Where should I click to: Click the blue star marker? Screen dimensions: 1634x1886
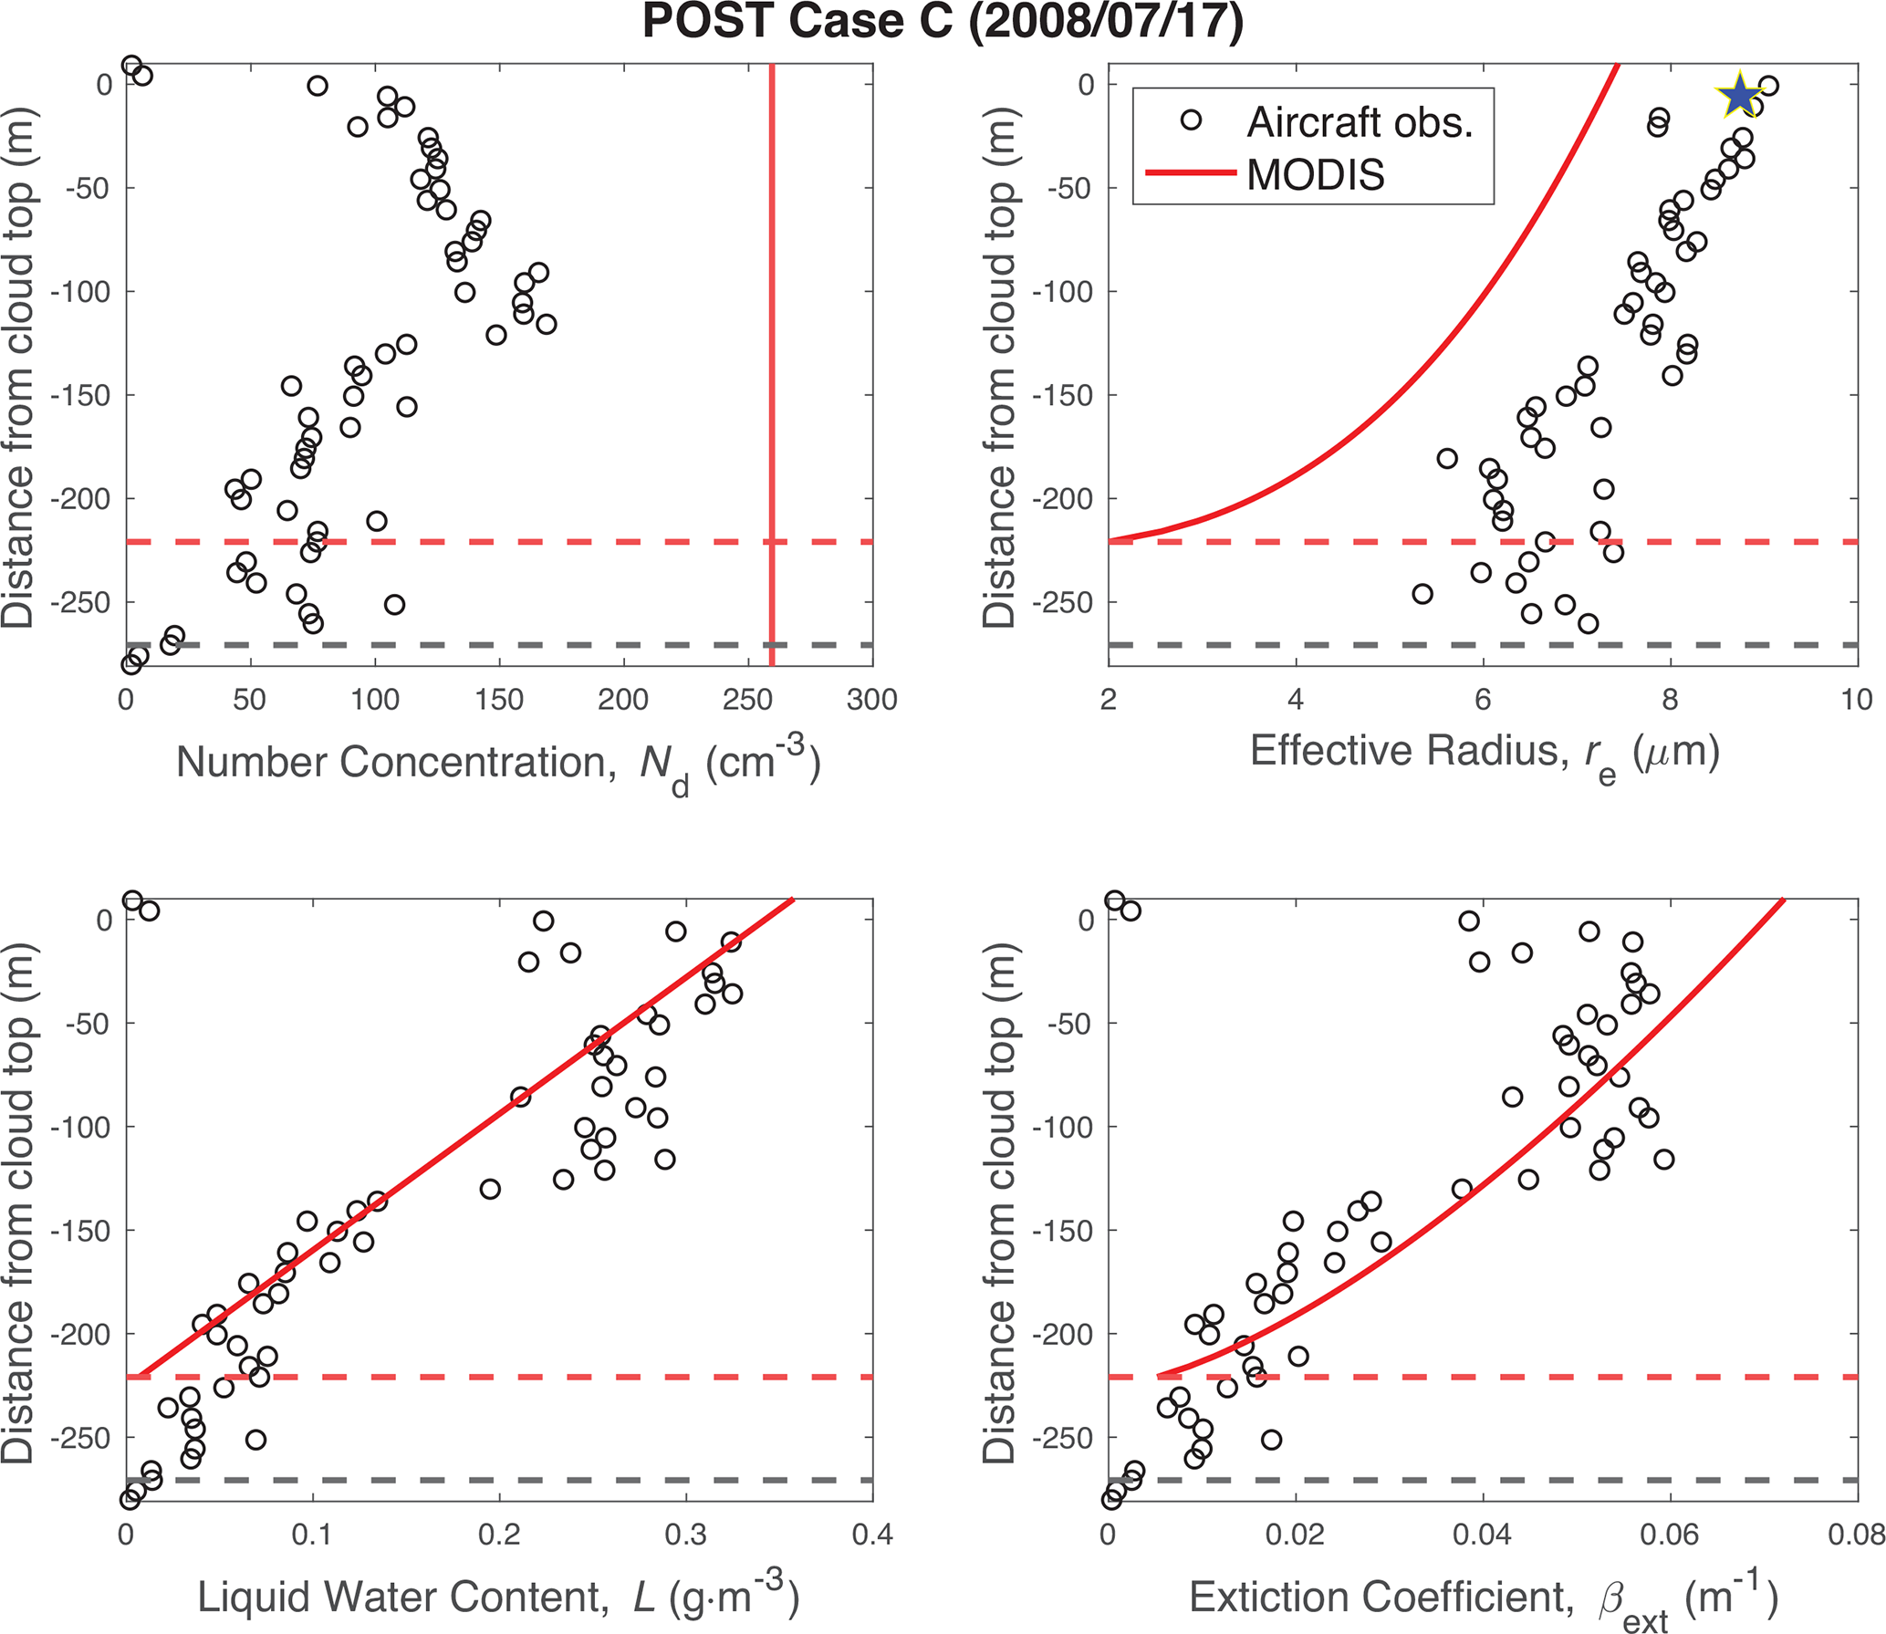(1739, 96)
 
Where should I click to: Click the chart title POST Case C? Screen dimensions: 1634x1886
(943, 22)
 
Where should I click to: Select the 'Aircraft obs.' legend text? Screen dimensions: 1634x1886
(1360, 122)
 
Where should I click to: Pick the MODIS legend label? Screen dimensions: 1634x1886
(1315, 174)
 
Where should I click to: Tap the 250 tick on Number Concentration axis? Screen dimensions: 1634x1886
(747, 701)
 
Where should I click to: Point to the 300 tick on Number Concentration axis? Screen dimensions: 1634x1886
(871, 701)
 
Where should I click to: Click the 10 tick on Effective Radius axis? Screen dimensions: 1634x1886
(1856, 701)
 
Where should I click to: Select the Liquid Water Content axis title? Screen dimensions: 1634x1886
(498, 1598)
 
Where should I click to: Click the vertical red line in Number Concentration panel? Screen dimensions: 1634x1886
(772, 365)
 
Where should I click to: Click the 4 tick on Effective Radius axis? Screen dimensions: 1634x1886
(1296, 701)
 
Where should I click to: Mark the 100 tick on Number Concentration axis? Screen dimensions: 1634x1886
(375, 701)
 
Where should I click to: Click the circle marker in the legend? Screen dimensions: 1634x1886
(1191, 120)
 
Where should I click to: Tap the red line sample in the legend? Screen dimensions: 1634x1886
(1191, 173)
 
